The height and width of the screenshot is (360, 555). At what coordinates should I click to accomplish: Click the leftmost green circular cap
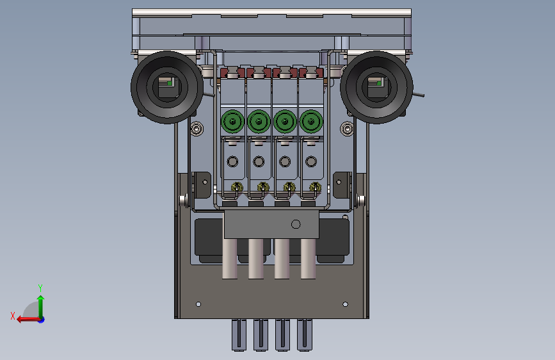click(x=232, y=122)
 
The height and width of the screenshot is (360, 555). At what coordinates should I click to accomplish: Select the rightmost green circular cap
click(x=311, y=122)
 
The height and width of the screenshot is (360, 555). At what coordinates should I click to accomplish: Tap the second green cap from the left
click(x=259, y=122)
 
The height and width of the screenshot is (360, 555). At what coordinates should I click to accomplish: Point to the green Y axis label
click(x=40, y=288)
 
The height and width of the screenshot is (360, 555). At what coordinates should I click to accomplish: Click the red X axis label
click(x=13, y=316)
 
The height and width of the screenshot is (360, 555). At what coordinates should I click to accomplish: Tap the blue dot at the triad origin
click(x=42, y=320)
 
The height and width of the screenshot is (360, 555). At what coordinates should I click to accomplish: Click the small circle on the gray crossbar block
click(x=296, y=224)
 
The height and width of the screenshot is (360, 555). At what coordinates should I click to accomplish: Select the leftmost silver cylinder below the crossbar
click(x=230, y=259)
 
